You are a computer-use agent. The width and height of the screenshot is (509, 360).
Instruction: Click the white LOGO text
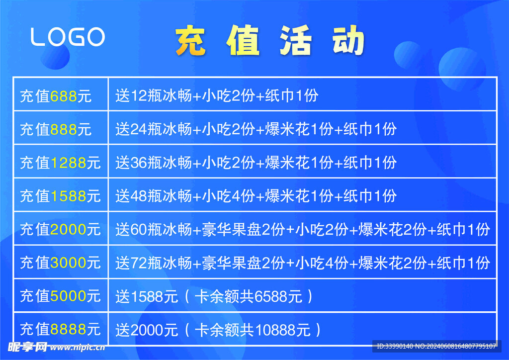68,37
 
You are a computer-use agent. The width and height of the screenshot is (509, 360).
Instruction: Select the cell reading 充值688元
56,96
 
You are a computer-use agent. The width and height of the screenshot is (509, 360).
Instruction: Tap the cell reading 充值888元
56,129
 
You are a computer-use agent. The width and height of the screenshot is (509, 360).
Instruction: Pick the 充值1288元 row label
60,163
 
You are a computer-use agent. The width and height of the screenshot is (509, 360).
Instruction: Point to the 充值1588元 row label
60,196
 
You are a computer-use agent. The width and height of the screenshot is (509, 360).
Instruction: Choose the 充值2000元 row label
60,229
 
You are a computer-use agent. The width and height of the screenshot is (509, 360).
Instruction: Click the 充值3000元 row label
60,263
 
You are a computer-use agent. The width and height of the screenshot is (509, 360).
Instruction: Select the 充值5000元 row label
60,296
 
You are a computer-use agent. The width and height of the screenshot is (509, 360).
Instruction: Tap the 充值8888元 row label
60,329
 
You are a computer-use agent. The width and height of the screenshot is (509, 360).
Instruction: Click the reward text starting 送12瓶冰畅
217,95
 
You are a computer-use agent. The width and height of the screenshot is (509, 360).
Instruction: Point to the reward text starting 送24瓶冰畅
256,129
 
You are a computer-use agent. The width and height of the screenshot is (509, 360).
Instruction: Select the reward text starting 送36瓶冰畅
256,163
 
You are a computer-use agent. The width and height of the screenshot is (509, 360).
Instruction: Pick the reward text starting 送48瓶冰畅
256,196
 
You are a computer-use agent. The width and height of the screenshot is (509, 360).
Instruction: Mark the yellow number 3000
68,263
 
